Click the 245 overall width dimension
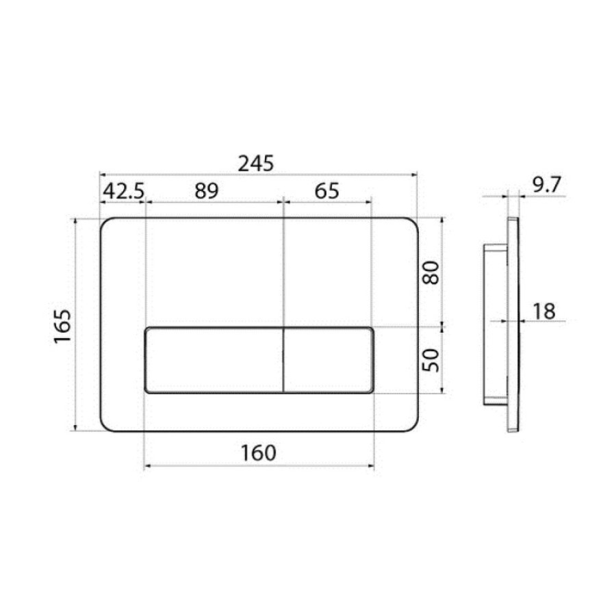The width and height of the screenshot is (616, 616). (x=256, y=164)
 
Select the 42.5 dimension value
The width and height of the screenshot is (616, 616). (x=123, y=192)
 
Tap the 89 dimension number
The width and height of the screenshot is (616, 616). (x=207, y=191)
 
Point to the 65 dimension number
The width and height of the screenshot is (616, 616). (x=327, y=191)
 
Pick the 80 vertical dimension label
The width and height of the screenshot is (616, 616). (x=431, y=272)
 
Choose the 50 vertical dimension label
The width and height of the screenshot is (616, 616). (x=431, y=360)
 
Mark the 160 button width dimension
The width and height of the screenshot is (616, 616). (x=259, y=453)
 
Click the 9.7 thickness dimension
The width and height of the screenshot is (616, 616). (x=547, y=185)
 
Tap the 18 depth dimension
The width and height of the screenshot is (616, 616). (x=544, y=311)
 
